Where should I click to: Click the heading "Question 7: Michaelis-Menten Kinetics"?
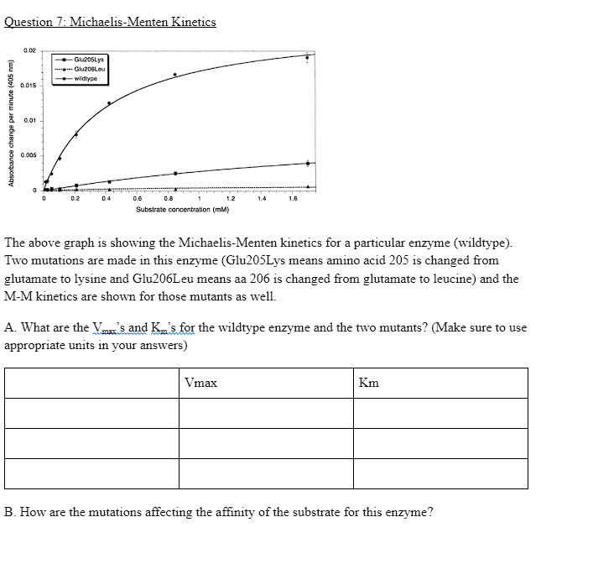(x=110, y=22)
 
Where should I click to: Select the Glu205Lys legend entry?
(x=89, y=60)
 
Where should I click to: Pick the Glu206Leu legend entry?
(x=89, y=70)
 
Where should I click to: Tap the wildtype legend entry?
(x=86, y=78)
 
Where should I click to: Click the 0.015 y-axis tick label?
(x=28, y=86)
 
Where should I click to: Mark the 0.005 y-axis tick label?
(x=28, y=155)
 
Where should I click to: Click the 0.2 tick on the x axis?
(x=75, y=199)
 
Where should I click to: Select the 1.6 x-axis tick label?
(x=292, y=199)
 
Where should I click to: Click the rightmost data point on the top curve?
(x=307, y=57)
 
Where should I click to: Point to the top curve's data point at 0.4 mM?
(x=108, y=103)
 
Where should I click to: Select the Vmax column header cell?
(x=265, y=383)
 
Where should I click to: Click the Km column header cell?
(x=440, y=383)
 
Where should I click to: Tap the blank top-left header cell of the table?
(x=91, y=383)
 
